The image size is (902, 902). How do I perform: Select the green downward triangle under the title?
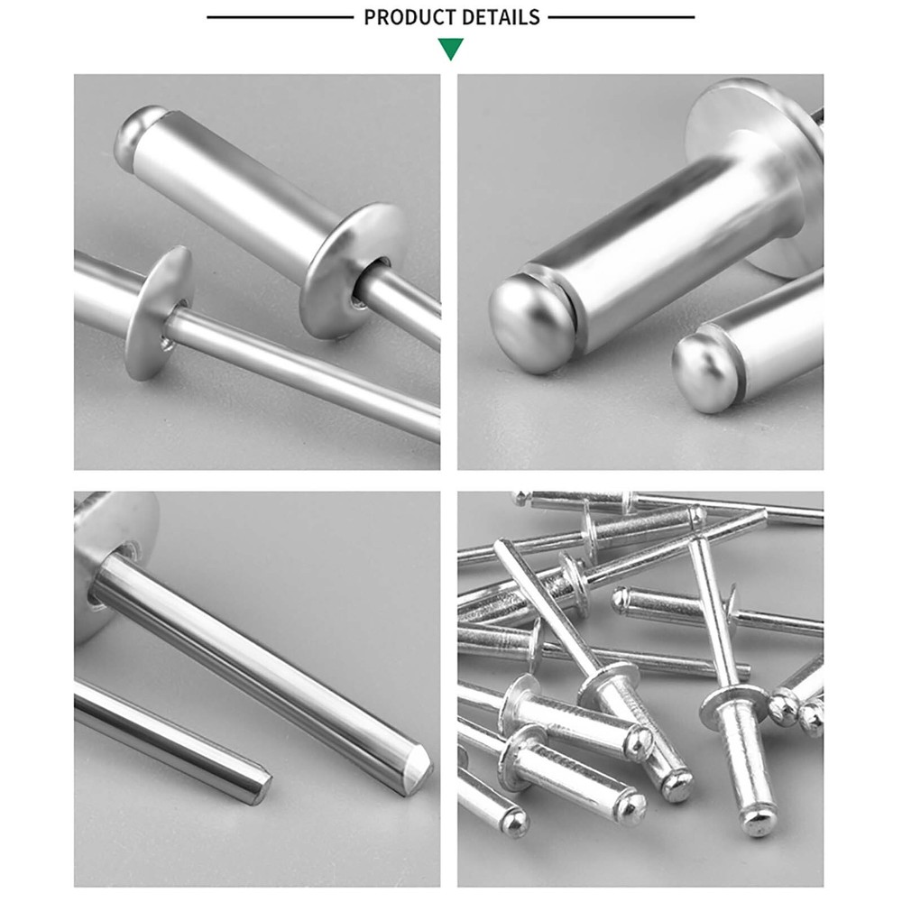[x=451, y=49]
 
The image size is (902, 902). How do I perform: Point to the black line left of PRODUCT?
[x=280, y=17]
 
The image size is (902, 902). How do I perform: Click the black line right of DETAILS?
[x=621, y=17]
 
